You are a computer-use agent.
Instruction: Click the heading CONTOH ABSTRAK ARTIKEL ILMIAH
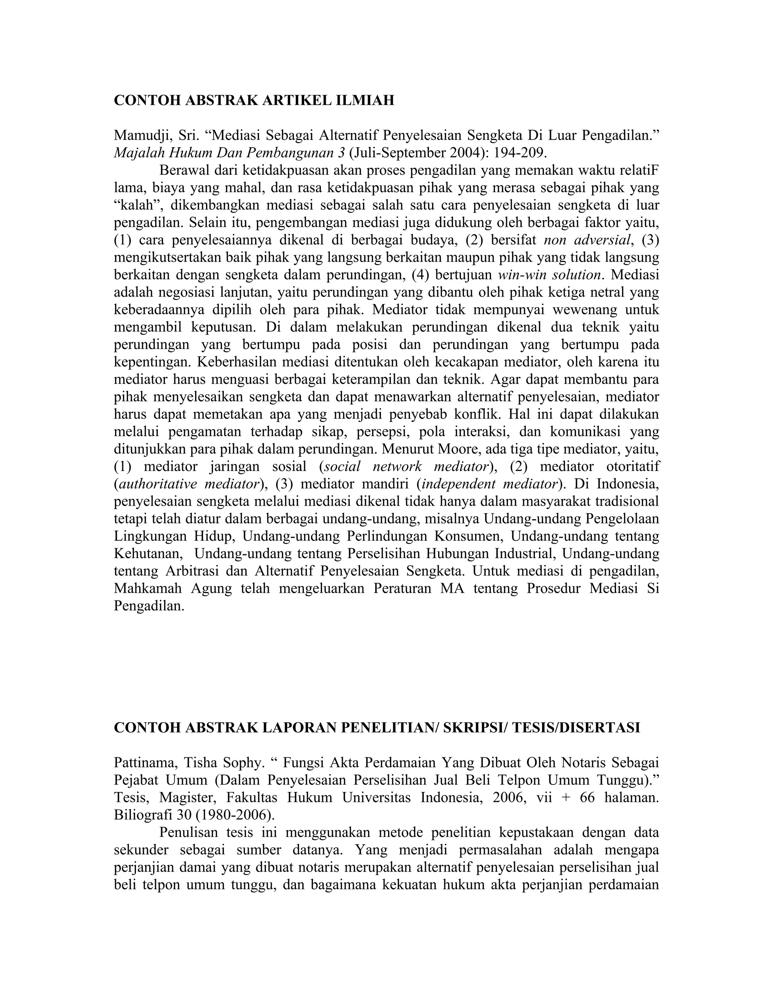(x=254, y=100)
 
